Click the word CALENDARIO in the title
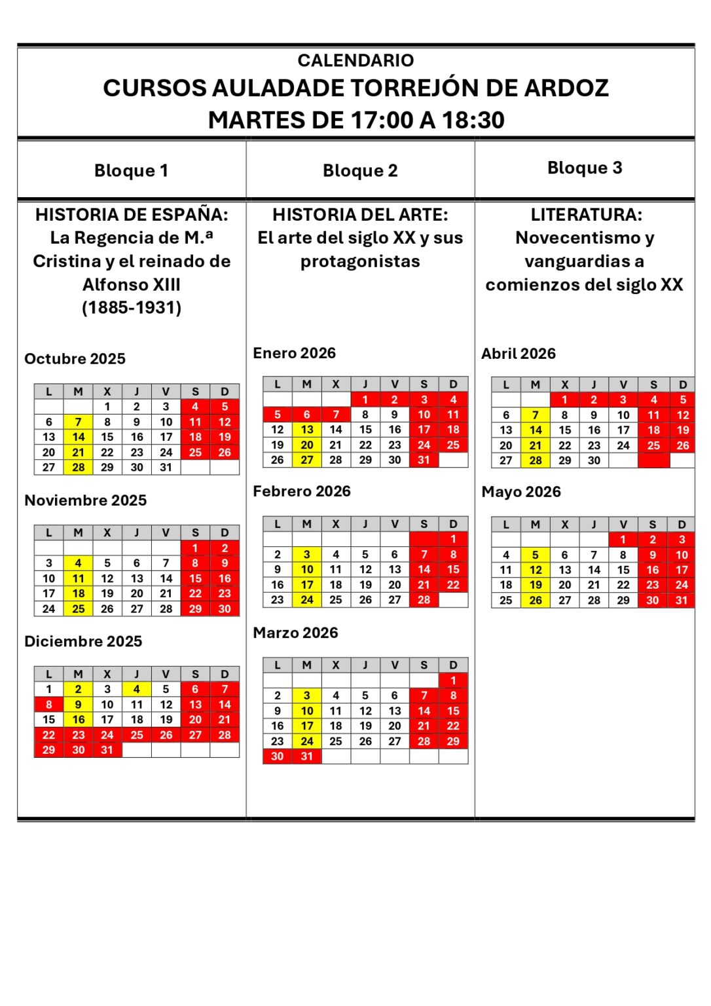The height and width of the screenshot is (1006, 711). pyautogui.click(x=355, y=60)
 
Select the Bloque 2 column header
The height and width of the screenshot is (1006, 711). pyautogui.click(x=360, y=170)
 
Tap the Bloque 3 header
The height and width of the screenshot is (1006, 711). pyautogui.click(x=585, y=168)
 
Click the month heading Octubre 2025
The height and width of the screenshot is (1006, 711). pyautogui.click(x=75, y=359)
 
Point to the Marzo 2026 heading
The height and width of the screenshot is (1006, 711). pyautogui.click(x=295, y=633)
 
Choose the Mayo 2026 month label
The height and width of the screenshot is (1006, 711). pyautogui.click(x=521, y=492)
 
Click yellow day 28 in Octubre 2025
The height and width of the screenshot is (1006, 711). pyautogui.click(x=79, y=468)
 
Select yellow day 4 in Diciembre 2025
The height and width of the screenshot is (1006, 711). pyautogui.click(x=136, y=689)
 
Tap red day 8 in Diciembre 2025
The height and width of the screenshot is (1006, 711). pyautogui.click(x=49, y=705)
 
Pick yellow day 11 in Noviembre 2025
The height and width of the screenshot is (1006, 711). pyautogui.click(x=79, y=578)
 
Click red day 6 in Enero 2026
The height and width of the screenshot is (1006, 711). pyautogui.click(x=306, y=415)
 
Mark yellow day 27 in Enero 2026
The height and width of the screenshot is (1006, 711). pyautogui.click(x=306, y=460)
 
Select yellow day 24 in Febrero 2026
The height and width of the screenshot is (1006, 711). pyautogui.click(x=306, y=600)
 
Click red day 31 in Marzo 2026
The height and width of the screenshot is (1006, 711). pyautogui.click(x=306, y=756)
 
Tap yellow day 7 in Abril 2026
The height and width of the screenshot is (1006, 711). pyautogui.click(x=536, y=415)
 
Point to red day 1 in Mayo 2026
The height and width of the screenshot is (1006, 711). pyautogui.click(x=623, y=540)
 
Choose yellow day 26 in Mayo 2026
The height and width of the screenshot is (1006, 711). pyautogui.click(x=536, y=600)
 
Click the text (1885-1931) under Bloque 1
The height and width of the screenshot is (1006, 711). pyautogui.click(x=132, y=308)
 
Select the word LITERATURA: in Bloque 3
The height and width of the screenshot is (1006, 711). pyautogui.click(x=586, y=215)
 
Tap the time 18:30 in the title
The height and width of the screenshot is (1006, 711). pyautogui.click(x=473, y=121)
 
